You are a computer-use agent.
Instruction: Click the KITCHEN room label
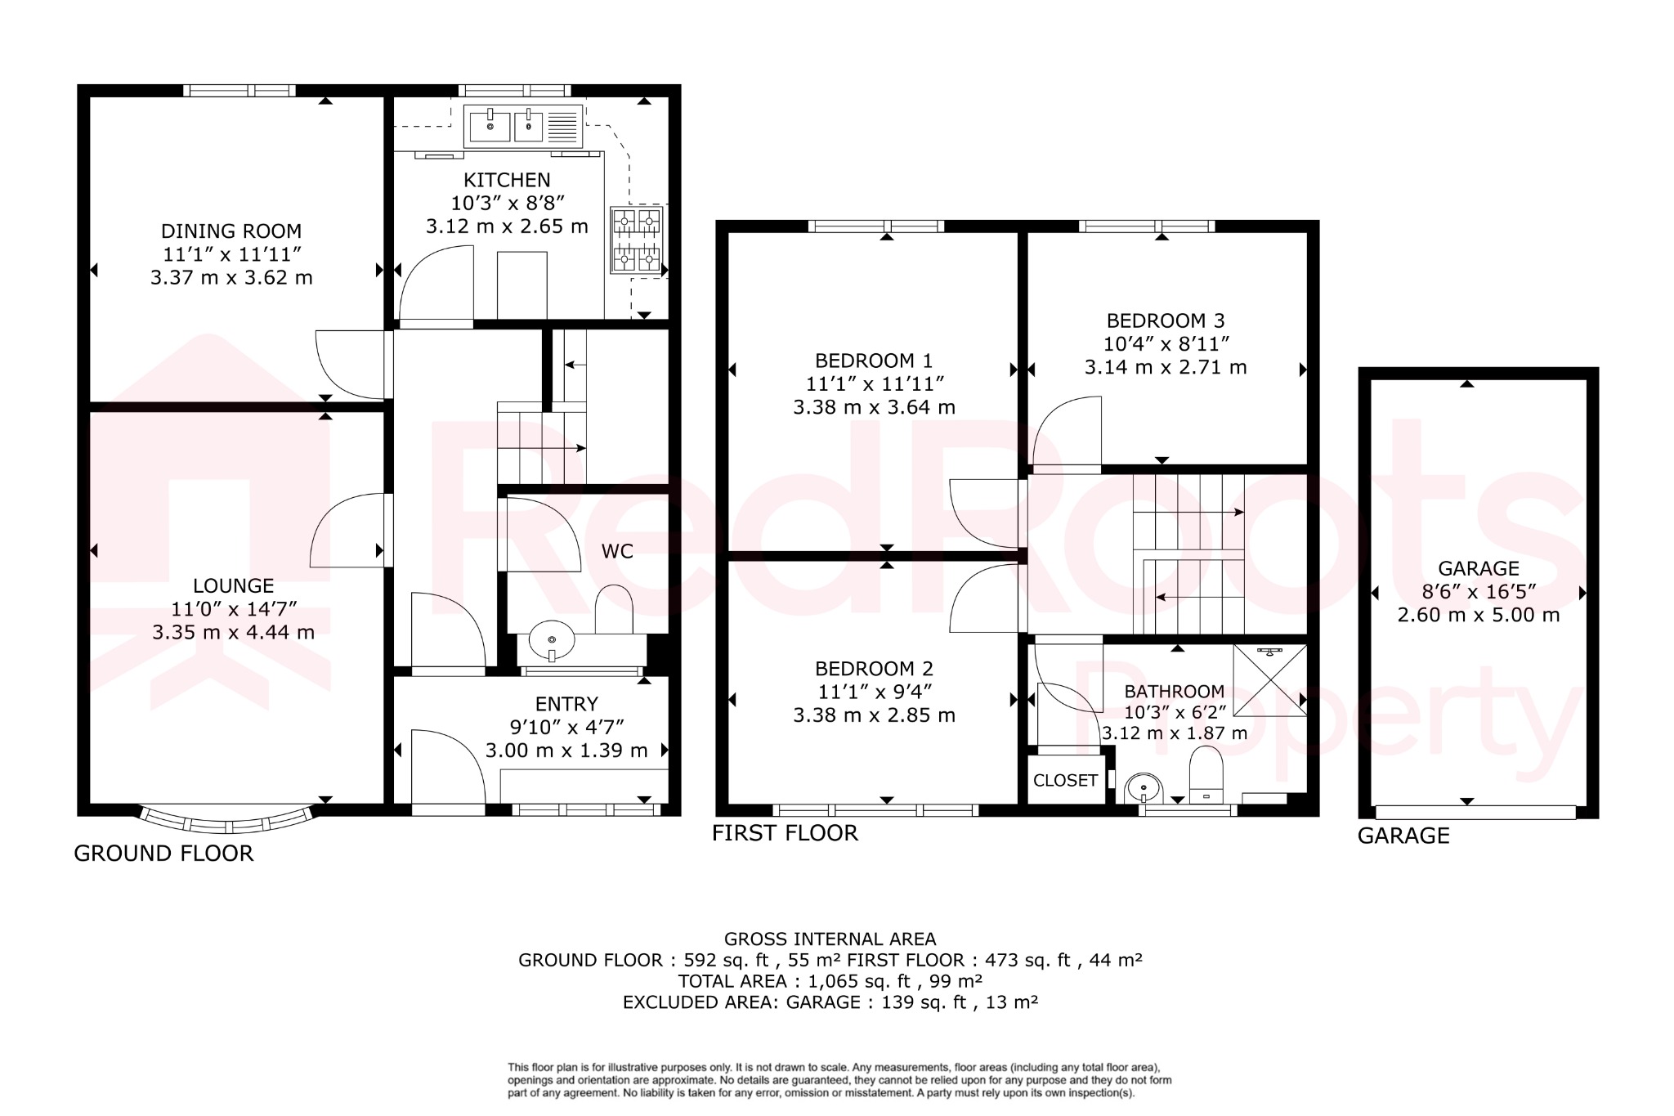[x=507, y=180]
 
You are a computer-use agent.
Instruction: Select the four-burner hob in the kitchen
[x=637, y=240]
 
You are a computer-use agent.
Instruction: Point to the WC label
[x=617, y=551]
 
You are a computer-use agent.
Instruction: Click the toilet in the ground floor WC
[x=614, y=609]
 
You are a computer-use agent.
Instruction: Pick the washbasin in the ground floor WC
[x=552, y=640]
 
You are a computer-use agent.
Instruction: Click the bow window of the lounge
[x=226, y=818]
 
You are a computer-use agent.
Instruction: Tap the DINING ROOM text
[x=231, y=231]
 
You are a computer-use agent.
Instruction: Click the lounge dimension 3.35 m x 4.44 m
[x=233, y=632]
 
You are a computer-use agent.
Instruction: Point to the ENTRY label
[x=566, y=704]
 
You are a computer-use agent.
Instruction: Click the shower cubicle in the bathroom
[x=1269, y=680]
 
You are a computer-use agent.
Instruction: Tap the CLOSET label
[x=1065, y=781]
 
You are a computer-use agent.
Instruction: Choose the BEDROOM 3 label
[x=1166, y=320]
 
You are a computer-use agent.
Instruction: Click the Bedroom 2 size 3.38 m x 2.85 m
[x=874, y=715]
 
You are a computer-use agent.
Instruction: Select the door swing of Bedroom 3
[x=1067, y=431]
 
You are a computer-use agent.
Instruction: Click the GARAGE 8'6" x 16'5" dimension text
[x=1478, y=591]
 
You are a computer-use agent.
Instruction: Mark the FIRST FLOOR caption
[x=785, y=833]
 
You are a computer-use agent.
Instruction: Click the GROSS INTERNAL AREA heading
[x=830, y=939]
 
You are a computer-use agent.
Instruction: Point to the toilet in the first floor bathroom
[x=1205, y=774]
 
